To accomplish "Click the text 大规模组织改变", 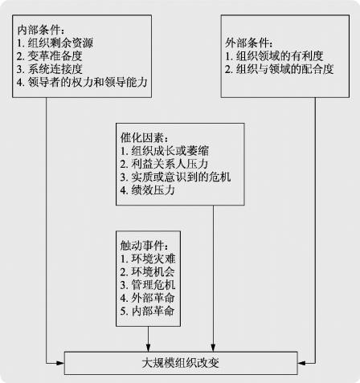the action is tap(181, 363).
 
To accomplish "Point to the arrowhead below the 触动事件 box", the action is tap(148, 348).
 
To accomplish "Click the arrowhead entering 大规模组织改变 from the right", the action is tap(301, 363).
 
